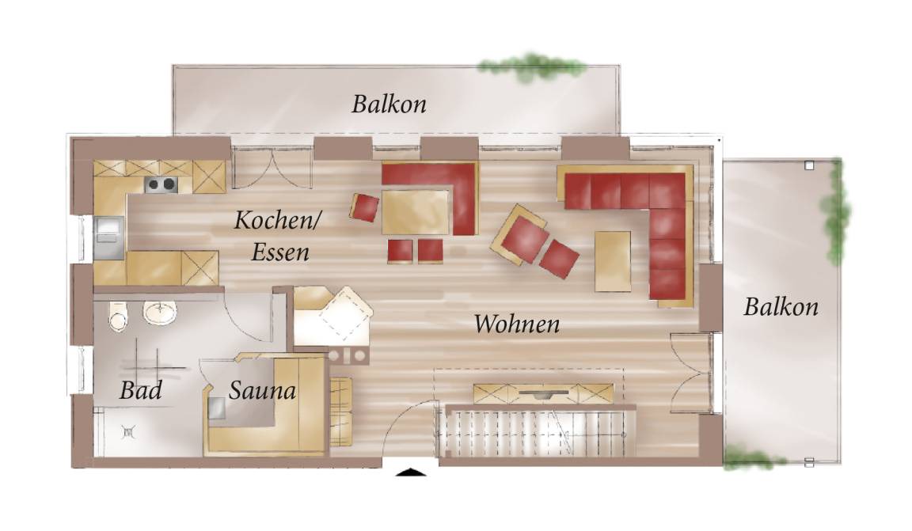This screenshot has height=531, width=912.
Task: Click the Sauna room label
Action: [262, 390]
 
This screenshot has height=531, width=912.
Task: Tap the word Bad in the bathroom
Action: [140, 390]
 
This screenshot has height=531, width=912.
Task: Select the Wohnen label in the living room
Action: [516, 324]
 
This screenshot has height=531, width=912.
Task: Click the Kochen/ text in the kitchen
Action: [277, 221]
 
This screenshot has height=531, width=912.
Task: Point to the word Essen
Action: [279, 252]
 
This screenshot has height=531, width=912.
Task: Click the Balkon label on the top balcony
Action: [389, 104]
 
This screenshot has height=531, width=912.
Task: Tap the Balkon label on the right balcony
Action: [781, 306]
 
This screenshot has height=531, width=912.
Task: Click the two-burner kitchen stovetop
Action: [161, 184]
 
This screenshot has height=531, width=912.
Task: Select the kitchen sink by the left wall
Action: [108, 237]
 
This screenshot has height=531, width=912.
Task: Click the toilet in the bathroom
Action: [117, 317]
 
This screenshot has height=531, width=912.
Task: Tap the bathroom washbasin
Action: [160, 313]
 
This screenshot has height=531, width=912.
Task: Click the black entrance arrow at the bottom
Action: [411, 472]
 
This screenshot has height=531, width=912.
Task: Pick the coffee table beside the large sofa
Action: [613, 261]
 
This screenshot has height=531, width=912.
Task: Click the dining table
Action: [416, 211]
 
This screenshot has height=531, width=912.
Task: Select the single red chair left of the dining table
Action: [365, 207]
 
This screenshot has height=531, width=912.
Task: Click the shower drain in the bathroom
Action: [128, 431]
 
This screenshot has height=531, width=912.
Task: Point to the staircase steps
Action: [536, 431]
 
